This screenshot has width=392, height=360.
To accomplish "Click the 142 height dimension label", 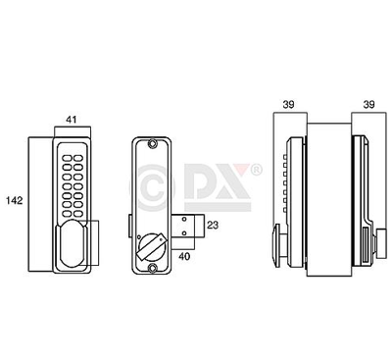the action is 15,200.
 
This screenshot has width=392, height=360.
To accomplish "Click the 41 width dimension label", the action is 72,120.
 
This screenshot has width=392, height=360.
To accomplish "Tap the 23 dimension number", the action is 213,225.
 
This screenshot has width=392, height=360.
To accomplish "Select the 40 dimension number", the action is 184,256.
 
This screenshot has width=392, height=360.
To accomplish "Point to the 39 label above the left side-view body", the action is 288,105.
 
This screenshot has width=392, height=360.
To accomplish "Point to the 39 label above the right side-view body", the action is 368,105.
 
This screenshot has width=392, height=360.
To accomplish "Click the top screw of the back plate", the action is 152,143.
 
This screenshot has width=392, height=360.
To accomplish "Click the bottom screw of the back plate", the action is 152,268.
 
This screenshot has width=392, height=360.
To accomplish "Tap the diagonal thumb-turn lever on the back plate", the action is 151,247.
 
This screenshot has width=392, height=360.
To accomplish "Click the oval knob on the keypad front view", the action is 72,242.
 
